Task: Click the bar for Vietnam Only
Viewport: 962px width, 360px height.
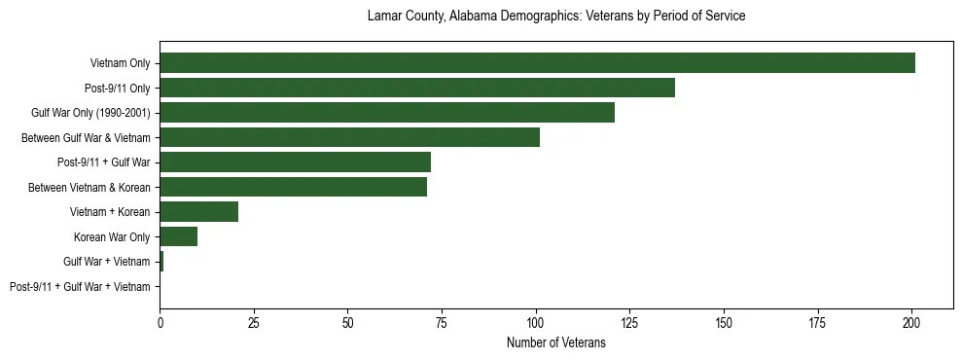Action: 537,63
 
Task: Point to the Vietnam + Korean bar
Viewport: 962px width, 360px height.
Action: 198,212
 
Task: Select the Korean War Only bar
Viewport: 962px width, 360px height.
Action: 178,236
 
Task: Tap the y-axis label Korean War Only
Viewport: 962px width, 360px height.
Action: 112,237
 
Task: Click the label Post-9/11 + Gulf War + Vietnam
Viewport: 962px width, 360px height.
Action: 80,287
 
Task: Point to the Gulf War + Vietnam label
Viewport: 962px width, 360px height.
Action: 106,262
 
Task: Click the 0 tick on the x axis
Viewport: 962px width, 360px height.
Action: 160,320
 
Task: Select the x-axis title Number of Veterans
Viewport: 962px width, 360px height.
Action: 555,342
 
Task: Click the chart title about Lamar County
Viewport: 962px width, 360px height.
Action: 555,17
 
